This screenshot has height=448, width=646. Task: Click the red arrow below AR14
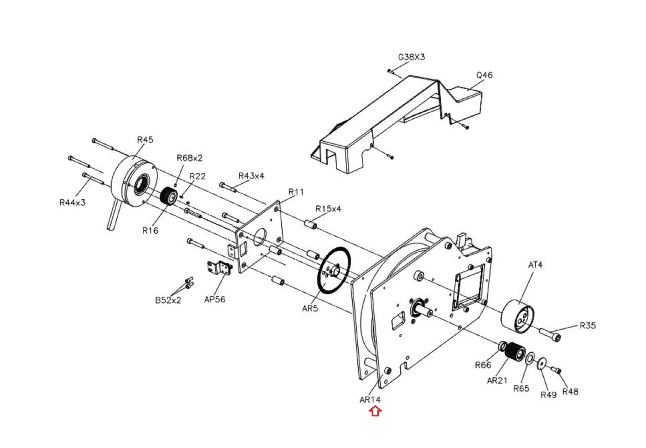pos(375,411)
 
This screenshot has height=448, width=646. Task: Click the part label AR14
pos(370,400)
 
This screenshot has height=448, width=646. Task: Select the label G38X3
pos(411,57)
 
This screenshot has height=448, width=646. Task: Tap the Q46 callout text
pos(484,75)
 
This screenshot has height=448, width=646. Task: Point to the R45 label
pos(145,140)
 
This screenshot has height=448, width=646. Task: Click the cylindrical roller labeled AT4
pos(518,316)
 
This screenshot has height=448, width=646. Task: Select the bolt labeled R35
pos(550,335)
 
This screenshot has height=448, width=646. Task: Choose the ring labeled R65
pos(530,358)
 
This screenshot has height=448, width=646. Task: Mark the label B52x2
pos(168,300)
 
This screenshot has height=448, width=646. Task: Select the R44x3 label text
pos(72,202)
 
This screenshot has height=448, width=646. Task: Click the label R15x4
pos(328,209)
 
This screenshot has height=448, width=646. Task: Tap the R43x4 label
pos(251,176)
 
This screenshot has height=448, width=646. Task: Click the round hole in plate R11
pos(260,237)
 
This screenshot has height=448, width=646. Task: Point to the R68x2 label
pos(189,158)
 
